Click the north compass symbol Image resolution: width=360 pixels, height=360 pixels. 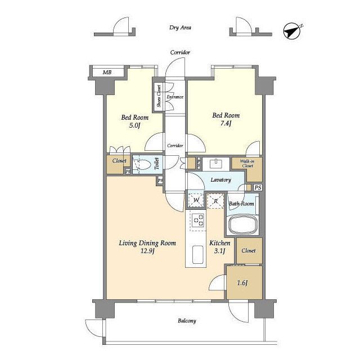click(x=292, y=31)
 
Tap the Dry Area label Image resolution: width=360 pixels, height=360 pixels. click(x=180, y=28)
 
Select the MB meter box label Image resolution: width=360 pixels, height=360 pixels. click(x=107, y=73)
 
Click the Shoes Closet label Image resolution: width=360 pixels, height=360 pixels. click(x=159, y=96)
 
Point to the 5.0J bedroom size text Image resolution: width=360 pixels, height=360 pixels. click(x=134, y=125)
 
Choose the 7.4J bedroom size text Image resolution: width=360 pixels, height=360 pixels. click(x=226, y=123)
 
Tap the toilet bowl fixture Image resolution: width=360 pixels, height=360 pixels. click(x=142, y=164)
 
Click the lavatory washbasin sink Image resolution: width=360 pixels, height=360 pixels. click(x=216, y=164)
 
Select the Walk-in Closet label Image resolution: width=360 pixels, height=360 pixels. click(x=247, y=163)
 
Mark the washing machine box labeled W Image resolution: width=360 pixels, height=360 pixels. click(x=196, y=200)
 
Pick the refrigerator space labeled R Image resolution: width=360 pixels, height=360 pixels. click(x=215, y=201)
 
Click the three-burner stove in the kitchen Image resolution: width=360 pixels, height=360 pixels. click(x=199, y=220)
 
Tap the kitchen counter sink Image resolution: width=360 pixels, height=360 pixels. click(x=197, y=254)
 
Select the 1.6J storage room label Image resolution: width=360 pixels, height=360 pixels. click(x=242, y=283)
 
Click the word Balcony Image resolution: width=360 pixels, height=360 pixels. click(x=187, y=321)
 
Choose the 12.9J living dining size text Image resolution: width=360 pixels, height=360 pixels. click(x=147, y=251)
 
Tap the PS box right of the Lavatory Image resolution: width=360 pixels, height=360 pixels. click(x=258, y=187)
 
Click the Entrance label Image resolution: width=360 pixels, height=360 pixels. click(x=175, y=97)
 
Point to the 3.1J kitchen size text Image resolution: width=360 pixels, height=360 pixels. click(x=219, y=251)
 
